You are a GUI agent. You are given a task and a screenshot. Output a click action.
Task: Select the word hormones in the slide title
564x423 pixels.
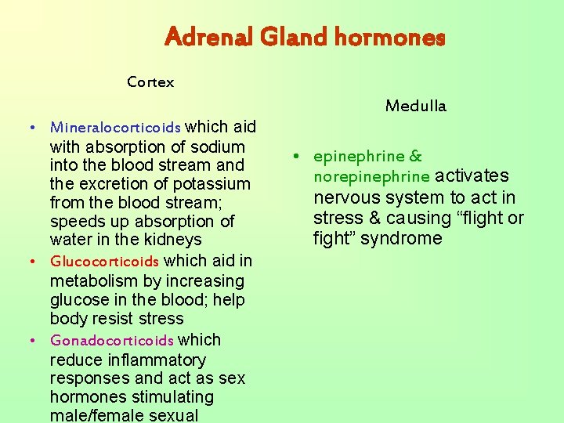(389, 37)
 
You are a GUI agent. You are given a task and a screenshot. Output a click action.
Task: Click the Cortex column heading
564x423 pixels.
(150, 82)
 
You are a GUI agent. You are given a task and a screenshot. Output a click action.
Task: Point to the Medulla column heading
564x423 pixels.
(415, 106)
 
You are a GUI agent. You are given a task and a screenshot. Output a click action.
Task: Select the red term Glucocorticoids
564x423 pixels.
(104, 262)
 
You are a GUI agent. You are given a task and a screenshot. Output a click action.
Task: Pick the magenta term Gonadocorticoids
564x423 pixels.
(111, 341)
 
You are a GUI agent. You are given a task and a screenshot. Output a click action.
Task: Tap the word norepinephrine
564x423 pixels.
(372, 177)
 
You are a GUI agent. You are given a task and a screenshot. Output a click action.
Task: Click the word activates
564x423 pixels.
(472, 176)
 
